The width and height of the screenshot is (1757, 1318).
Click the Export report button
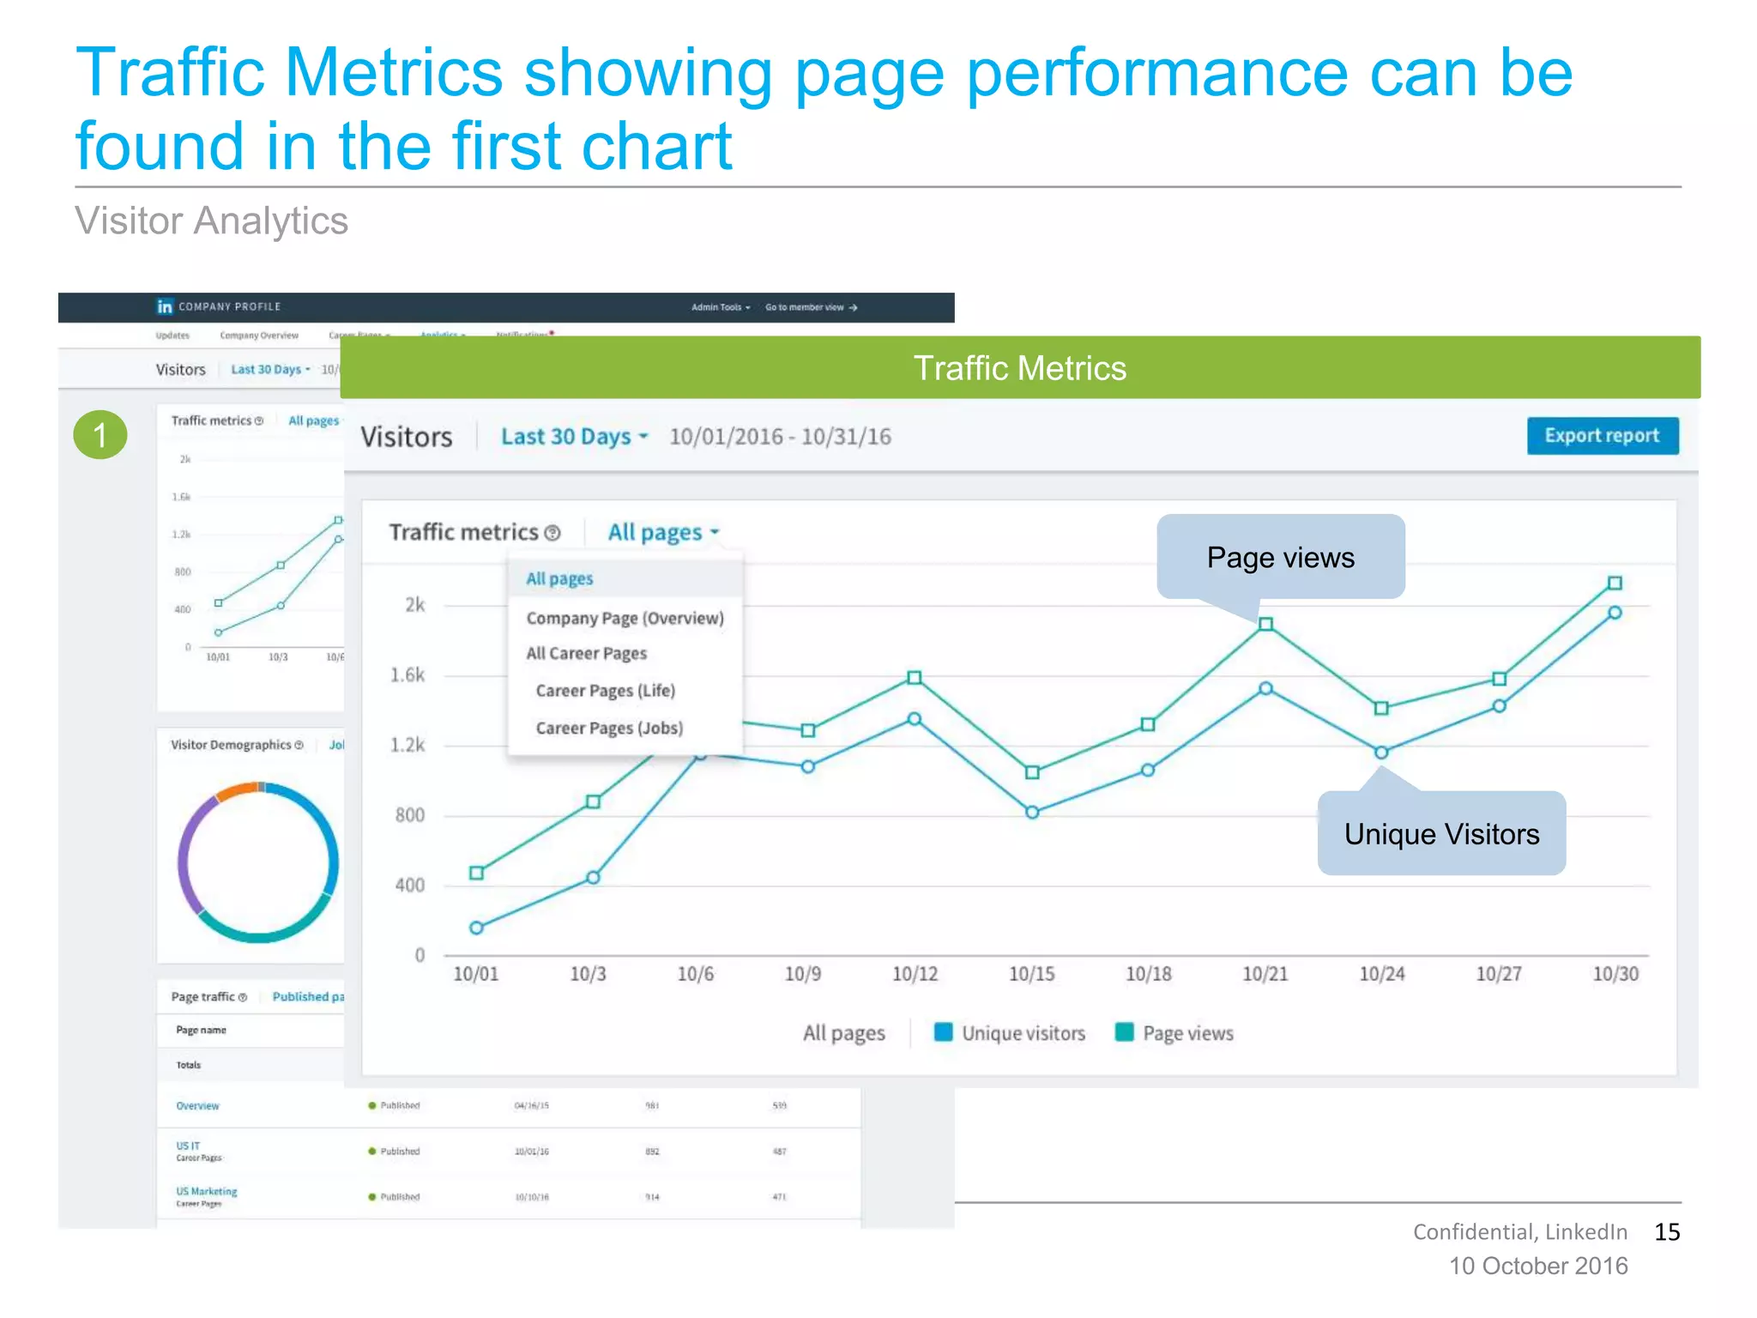coord(1602,436)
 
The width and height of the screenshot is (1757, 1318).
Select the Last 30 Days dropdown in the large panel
coord(574,437)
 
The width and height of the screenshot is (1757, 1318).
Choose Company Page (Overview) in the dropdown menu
coord(625,618)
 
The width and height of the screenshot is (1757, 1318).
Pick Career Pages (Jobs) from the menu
coord(609,728)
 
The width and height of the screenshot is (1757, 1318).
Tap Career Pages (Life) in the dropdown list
coord(605,691)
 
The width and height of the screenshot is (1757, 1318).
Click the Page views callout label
coord(1280,558)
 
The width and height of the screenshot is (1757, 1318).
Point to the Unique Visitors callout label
coord(1441,834)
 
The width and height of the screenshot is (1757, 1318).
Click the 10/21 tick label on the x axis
coord(1265,974)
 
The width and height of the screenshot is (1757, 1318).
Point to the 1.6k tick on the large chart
coord(408,675)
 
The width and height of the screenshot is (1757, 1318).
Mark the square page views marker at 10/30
coord(1615,583)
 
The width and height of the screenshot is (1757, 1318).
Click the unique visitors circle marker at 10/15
coord(1032,812)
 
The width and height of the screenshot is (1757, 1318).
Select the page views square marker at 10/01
coord(477,873)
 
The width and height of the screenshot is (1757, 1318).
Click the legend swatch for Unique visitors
coord(943,1032)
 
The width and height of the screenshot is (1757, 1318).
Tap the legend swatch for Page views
coord(1124,1032)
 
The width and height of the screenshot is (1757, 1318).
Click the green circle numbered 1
coord(100,435)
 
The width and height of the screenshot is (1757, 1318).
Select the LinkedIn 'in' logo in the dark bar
coord(165,307)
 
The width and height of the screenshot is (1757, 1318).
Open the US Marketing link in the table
coord(207,1191)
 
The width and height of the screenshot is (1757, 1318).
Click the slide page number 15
coord(1667,1232)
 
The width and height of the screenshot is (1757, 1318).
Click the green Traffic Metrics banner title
coord(1019,368)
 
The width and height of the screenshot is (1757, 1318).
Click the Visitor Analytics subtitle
coord(211,221)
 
